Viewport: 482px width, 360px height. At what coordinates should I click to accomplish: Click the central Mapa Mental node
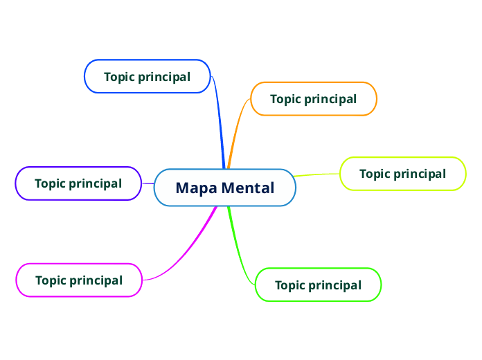[x=225, y=188]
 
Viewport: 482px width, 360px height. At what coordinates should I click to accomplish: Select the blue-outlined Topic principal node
[x=147, y=76]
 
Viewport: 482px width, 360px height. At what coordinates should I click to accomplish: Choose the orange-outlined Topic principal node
[x=313, y=99]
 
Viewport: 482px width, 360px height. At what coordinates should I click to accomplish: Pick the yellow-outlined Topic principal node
[x=402, y=174]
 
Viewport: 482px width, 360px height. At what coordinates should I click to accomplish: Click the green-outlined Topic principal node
[x=318, y=285]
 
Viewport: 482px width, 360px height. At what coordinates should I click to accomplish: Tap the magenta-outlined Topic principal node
[x=78, y=280]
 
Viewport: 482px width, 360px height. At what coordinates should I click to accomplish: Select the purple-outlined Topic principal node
[x=78, y=183]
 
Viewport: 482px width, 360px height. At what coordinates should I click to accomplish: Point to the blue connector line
[x=220, y=125]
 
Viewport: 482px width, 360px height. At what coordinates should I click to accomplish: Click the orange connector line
[x=236, y=132]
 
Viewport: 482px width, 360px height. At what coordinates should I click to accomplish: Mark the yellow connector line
[x=317, y=174]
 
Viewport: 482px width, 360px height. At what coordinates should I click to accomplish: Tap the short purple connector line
[x=148, y=183]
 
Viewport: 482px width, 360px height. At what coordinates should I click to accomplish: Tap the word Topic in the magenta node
[x=51, y=280]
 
